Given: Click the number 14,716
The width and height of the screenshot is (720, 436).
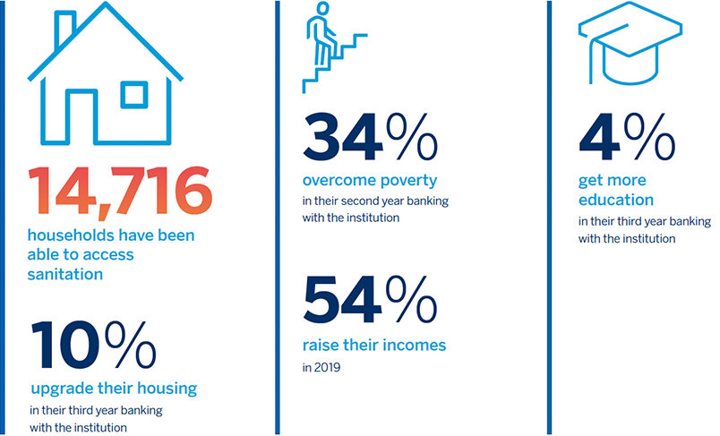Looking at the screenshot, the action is [120, 191].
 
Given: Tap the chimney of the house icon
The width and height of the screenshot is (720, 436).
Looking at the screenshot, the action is [64, 30].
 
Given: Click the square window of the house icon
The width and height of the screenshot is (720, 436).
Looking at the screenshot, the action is [134, 95].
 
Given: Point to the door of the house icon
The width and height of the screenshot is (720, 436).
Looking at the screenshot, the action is [82, 115].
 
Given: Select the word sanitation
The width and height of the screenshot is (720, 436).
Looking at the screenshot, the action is [65, 275].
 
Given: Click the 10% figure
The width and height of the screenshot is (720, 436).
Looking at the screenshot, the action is [94, 345].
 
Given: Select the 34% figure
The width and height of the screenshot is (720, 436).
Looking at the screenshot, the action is [370, 137].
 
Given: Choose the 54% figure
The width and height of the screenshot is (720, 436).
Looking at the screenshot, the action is [370, 300].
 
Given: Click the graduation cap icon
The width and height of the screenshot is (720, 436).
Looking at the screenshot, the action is [630, 43].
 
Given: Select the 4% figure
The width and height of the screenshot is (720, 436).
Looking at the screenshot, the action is [627, 137].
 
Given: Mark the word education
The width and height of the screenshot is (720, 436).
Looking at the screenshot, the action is [616, 201].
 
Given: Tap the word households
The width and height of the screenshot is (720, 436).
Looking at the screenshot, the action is [67, 235].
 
